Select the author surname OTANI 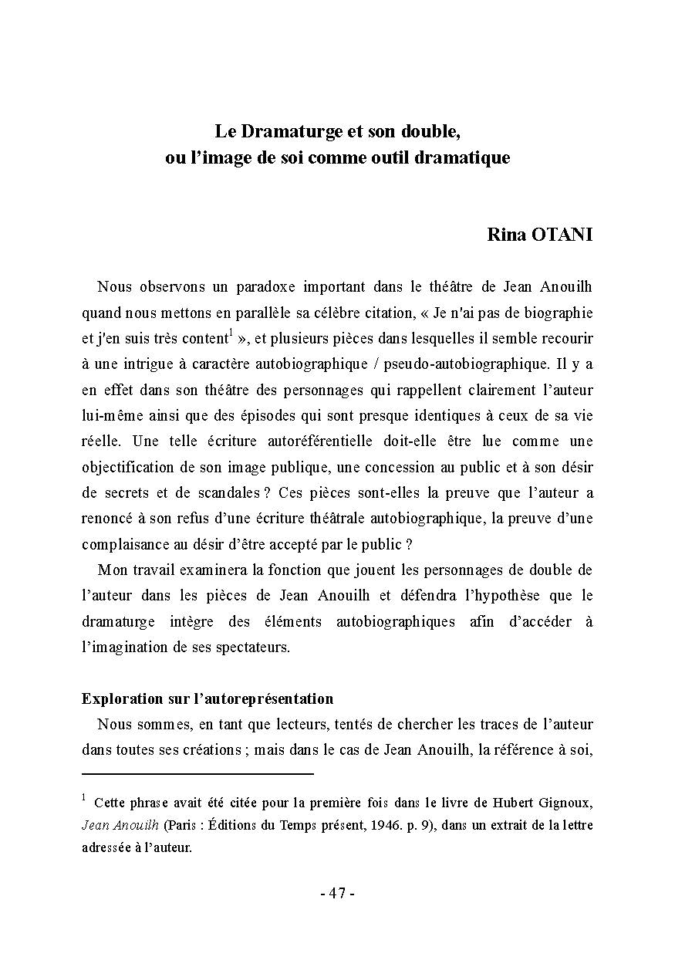562,235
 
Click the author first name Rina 506,235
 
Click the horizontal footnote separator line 197,773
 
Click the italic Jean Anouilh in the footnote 120,824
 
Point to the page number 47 337,894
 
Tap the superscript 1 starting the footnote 84,798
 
